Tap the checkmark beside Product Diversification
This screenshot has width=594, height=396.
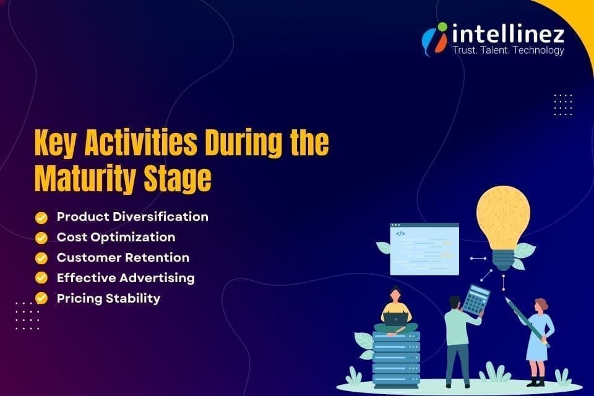pyautogui.click(x=41, y=217)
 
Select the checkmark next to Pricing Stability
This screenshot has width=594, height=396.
pyautogui.click(x=41, y=298)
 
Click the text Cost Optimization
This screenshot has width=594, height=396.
pyautogui.click(x=116, y=237)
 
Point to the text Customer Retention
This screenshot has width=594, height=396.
pyautogui.click(x=123, y=257)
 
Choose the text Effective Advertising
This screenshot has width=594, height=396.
pyautogui.click(x=126, y=278)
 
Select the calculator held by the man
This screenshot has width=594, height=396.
pyautogui.click(x=476, y=299)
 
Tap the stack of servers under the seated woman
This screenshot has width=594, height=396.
pyautogui.click(x=396, y=359)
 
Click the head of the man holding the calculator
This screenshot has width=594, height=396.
pyautogui.click(x=455, y=303)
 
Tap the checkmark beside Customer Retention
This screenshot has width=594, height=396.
pyautogui.click(x=41, y=257)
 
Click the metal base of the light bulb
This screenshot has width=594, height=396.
pyautogui.click(x=503, y=260)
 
